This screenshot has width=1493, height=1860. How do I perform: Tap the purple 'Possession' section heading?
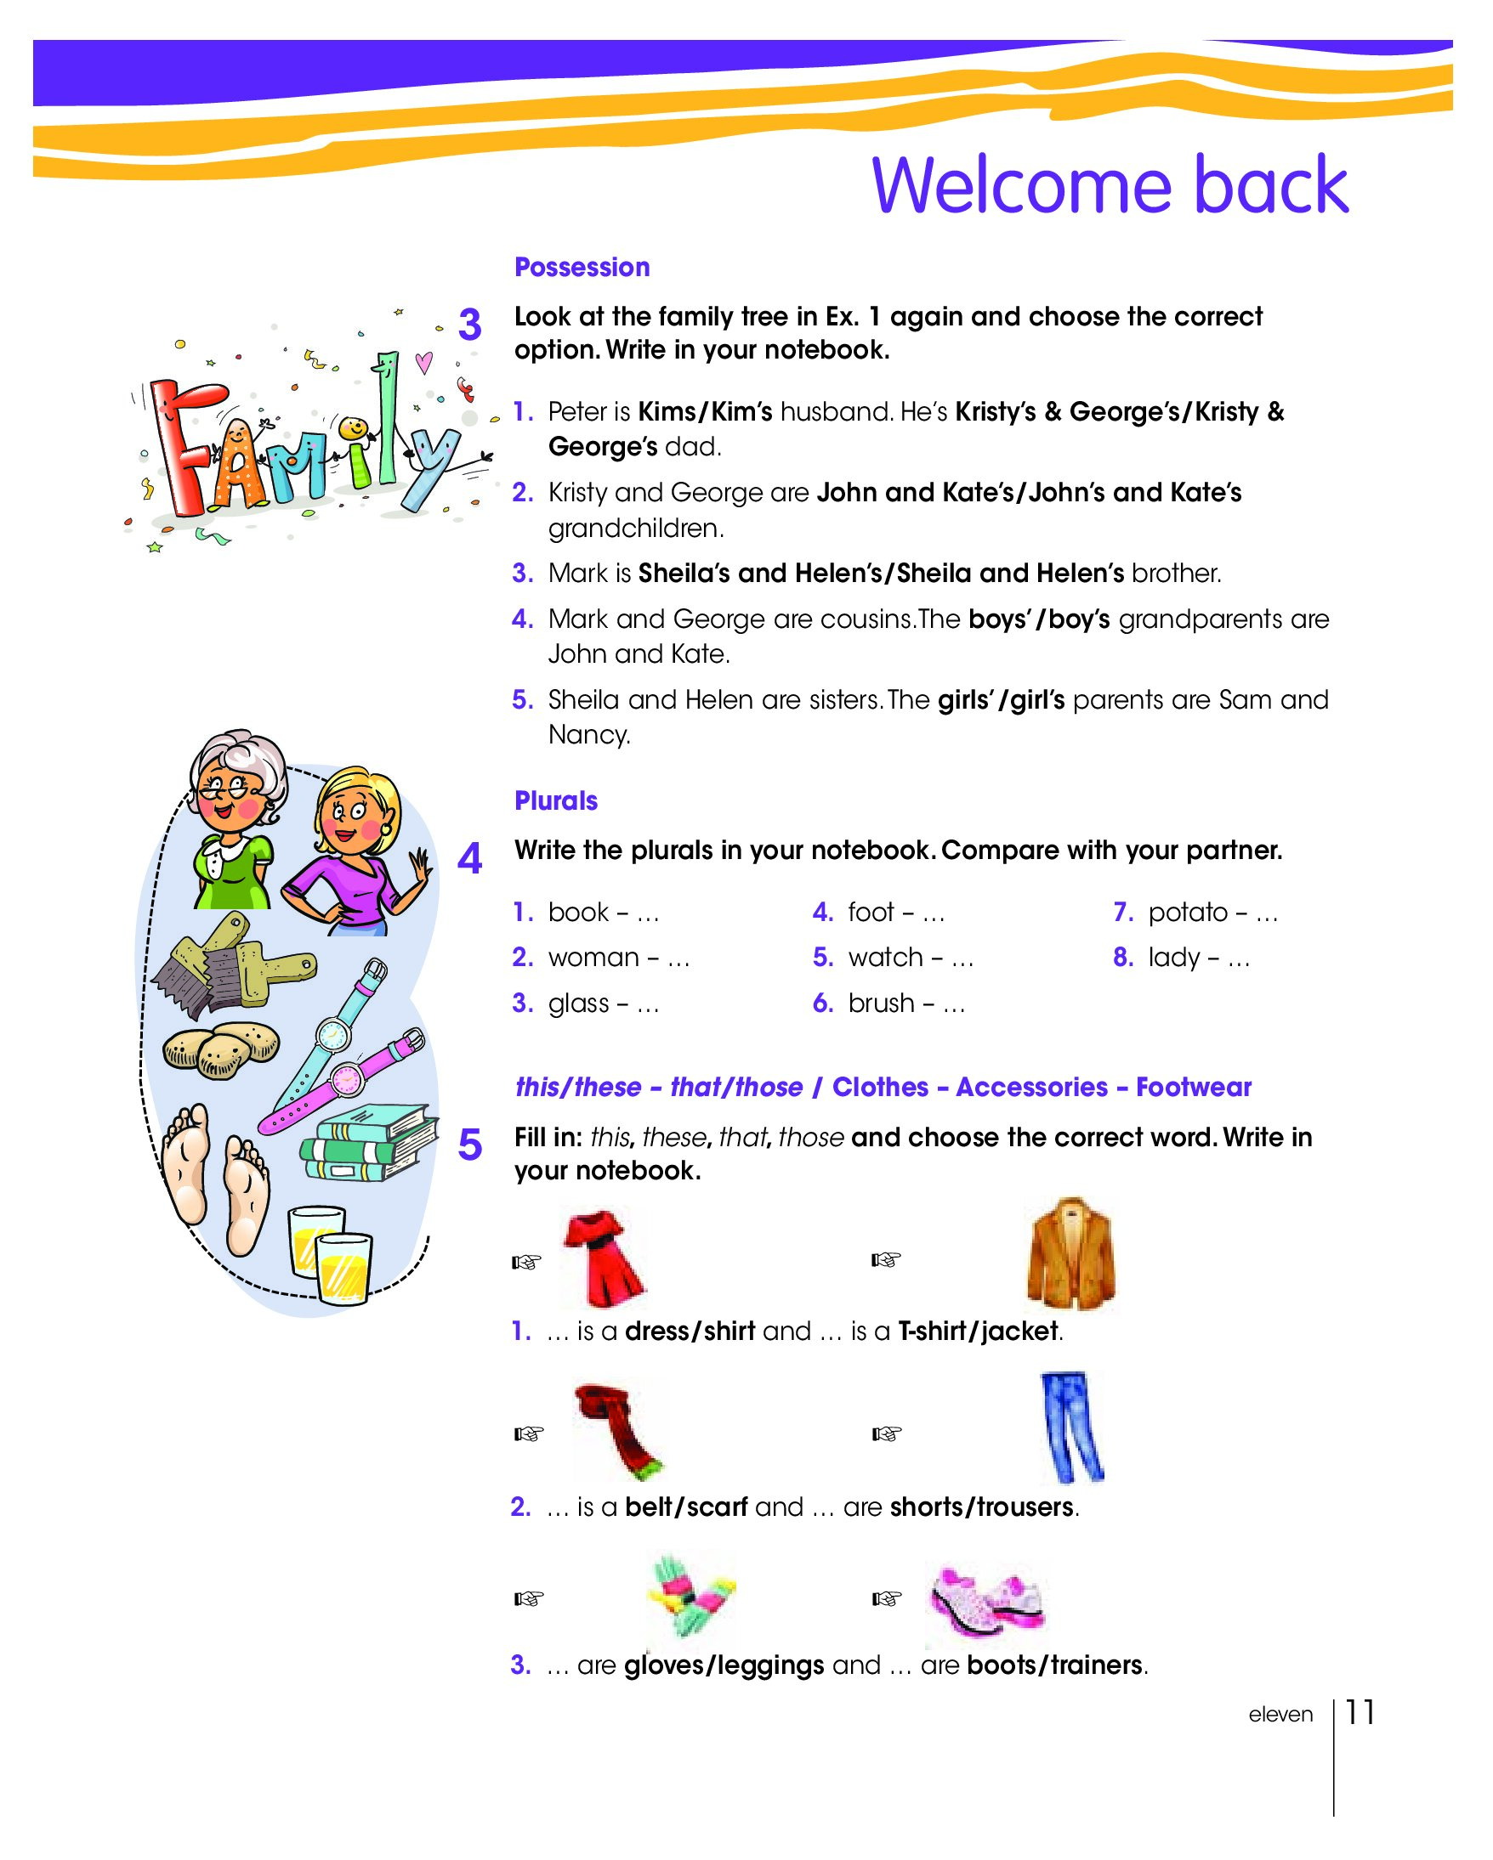(582, 268)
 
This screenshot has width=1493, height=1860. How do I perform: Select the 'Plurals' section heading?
(556, 800)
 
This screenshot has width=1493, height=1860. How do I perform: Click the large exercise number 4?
(469, 859)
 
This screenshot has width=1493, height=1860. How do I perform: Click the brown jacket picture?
(1070, 1254)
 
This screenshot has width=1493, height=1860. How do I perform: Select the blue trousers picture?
(1070, 1428)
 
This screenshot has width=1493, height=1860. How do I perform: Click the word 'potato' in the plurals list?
(1188, 913)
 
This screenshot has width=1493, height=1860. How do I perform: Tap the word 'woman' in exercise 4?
(593, 958)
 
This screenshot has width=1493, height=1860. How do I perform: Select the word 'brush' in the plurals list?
(880, 1003)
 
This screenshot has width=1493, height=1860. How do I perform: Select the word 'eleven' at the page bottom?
(1280, 1714)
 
